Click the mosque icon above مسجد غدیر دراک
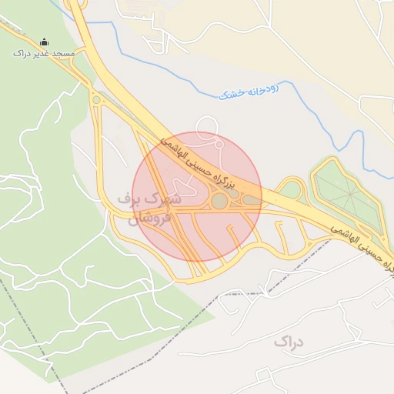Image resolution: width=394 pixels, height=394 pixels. click(44, 42)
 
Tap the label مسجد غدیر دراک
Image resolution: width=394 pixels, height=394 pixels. click(44, 54)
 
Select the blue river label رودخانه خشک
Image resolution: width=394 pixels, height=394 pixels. click(249, 92)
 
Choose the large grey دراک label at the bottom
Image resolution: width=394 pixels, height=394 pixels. click(289, 341)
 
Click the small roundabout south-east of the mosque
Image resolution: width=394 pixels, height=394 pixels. click(96, 99)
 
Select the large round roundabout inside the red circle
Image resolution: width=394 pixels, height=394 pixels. click(219, 201)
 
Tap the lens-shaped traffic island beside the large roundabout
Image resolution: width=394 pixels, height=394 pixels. click(251, 201)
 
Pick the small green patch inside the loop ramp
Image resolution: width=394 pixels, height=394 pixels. click(292, 189)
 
